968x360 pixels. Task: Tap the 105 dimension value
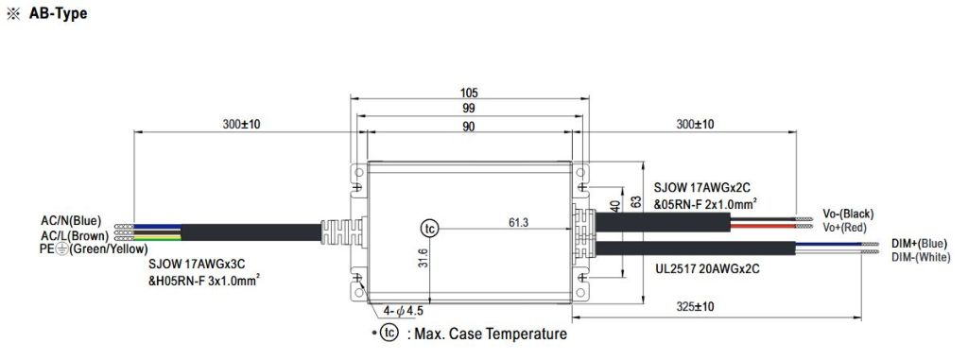click(x=469, y=93)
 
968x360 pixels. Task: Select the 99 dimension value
click(x=469, y=109)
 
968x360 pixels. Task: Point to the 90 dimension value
click(x=469, y=126)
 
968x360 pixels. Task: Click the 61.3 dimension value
click(x=519, y=222)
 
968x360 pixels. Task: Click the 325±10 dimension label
click(x=696, y=308)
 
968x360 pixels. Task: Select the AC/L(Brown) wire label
click(x=73, y=234)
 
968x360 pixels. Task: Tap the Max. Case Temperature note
click(x=487, y=334)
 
